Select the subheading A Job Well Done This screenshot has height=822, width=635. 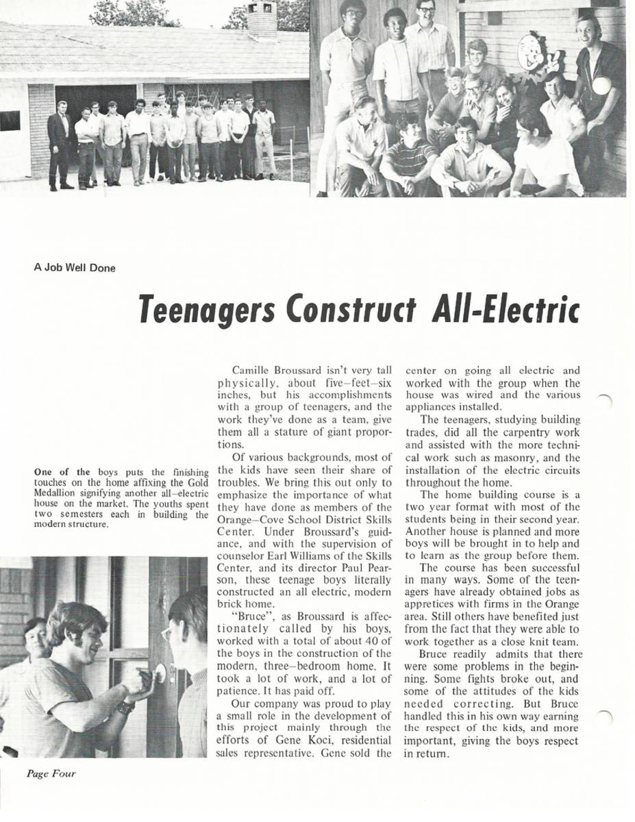pos(75,268)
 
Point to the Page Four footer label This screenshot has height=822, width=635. pos(51,774)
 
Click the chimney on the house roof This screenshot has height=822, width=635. pos(262,18)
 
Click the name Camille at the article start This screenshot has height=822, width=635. pos(250,371)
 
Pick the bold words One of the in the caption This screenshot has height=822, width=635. pos(62,471)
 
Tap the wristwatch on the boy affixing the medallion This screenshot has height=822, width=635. pos(125,707)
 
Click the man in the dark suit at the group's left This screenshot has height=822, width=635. pos(59,144)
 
